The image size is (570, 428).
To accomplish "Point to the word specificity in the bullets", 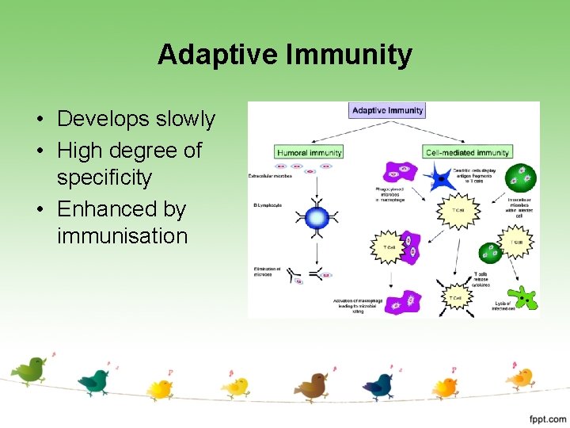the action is click(x=104, y=177).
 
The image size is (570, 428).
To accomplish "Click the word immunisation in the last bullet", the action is click(x=122, y=235).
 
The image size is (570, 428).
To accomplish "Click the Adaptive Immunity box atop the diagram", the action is click(x=387, y=110).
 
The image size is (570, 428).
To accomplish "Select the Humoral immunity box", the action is click(x=310, y=151).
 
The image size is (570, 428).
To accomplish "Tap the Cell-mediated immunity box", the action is click(x=468, y=151).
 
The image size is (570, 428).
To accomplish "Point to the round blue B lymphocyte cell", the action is click(x=317, y=218).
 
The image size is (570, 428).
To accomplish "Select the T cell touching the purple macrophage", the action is click(x=389, y=246).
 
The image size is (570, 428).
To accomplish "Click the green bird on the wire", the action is click(x=30, y=369).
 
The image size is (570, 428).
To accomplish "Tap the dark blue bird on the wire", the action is click(x=379, y=384).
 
